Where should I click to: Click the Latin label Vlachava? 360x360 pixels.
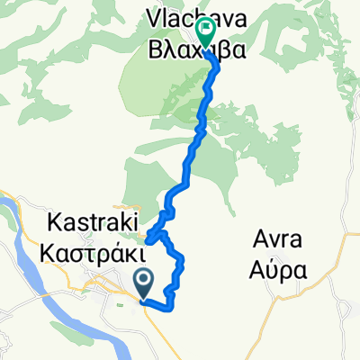(x=194, y=15)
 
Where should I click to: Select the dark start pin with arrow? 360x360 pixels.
(x=144, y=285)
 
